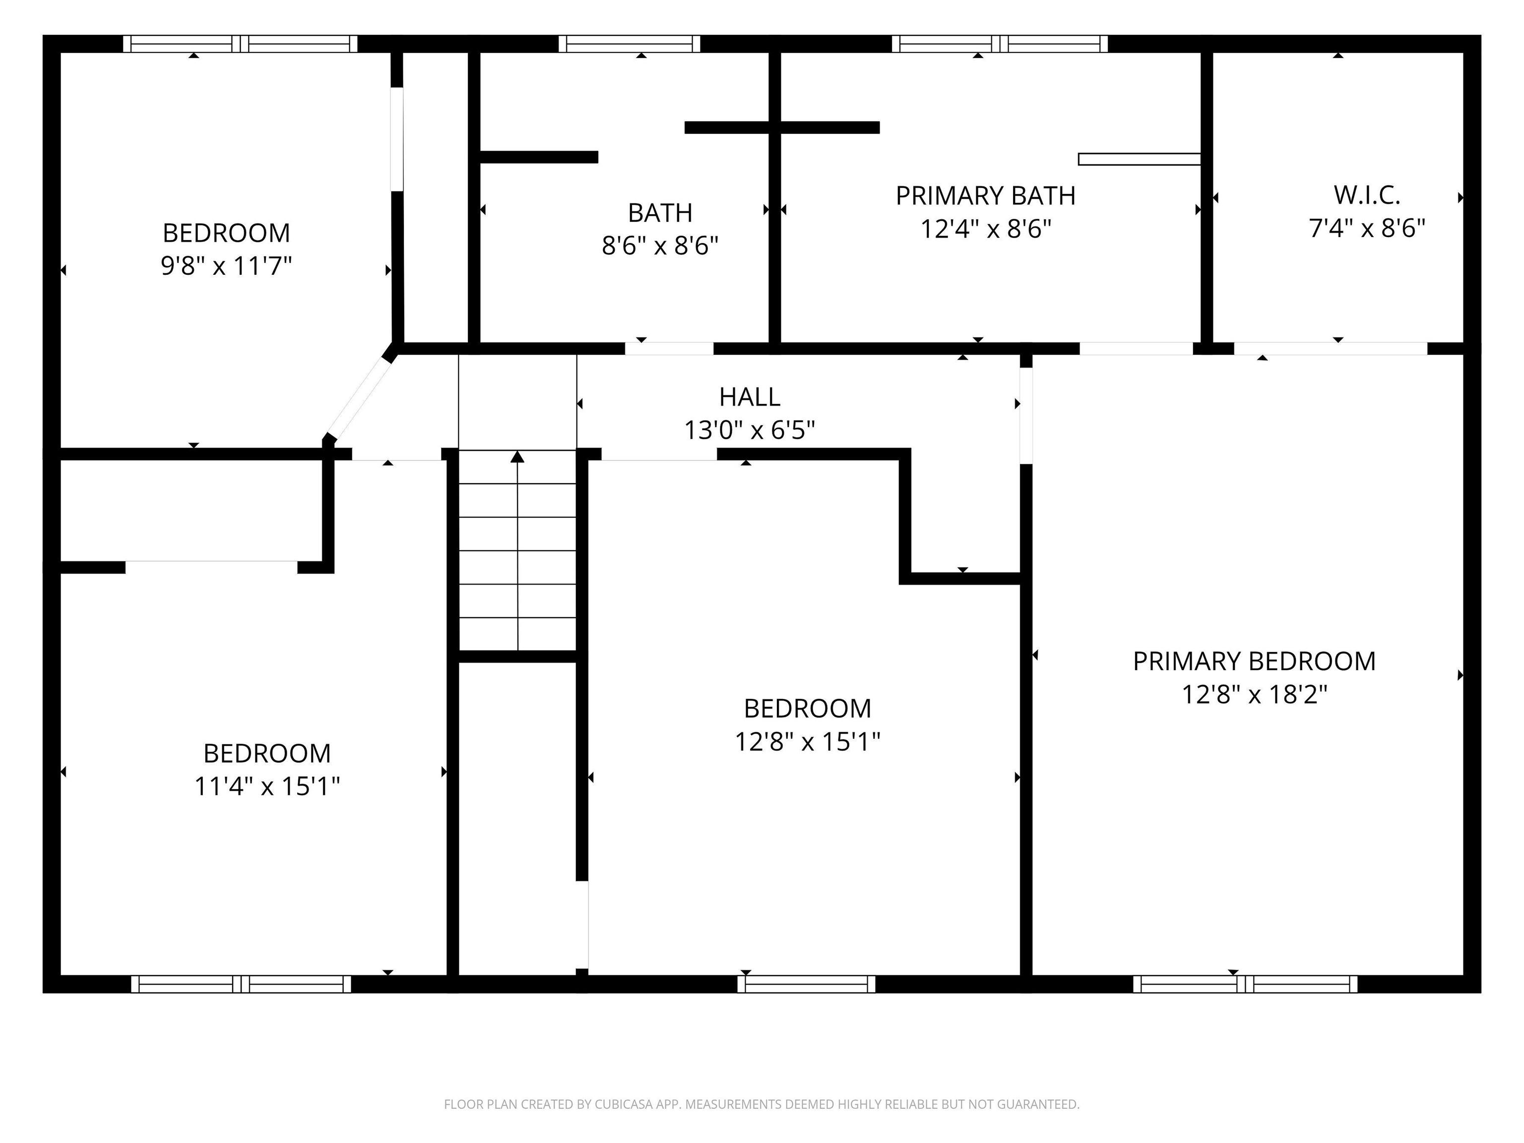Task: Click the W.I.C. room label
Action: [1367, 195]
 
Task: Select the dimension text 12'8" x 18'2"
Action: [1254, 695]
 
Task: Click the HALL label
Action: [750, 397]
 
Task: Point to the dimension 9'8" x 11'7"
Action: [227, 266]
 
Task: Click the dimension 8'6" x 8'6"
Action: [660, 245]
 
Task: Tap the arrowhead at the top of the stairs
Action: [517, 456]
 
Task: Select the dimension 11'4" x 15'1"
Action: [267, 786]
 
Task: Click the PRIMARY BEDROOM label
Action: [1254, 661]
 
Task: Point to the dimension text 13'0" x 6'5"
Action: [750, 431]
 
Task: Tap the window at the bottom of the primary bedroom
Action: [1245, 984]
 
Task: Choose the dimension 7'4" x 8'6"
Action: [1367, 228]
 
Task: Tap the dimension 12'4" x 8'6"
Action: [986, 229]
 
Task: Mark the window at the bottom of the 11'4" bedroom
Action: [241, 984]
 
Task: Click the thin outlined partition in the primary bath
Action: [1140, 159]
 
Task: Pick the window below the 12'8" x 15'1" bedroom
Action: [806, 984]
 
